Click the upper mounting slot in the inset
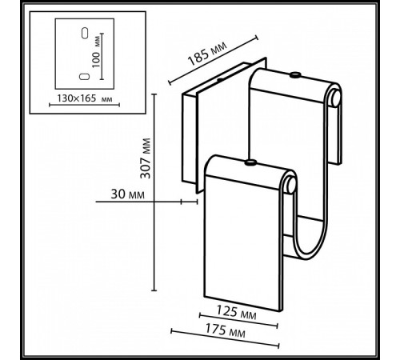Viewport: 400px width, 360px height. [82, 34]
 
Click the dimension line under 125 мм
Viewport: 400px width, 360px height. [239, 324]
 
